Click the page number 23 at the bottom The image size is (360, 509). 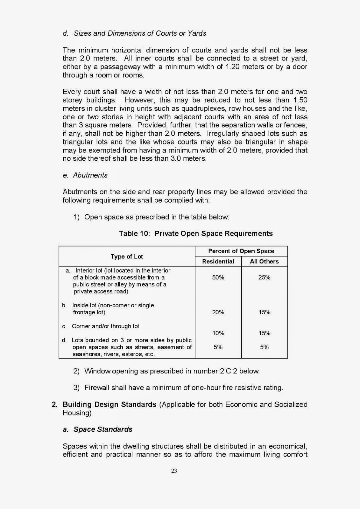coord(174,471)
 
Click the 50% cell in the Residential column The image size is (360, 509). coord(218,277)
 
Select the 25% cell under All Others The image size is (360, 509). coord(264,277)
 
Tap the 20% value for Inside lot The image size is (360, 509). coord(218,312)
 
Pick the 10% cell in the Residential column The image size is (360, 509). coord(218,333)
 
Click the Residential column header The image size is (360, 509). coord(218,261)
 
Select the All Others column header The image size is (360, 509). coord(264,261)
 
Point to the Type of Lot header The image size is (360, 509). coord(127,256)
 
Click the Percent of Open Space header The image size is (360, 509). coord(241,251)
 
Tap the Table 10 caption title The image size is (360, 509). coord(196,234)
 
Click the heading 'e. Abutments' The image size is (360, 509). coord(85,175)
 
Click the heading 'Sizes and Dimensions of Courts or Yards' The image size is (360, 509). coord(140,33)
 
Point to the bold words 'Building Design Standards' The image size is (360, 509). coord(109,404)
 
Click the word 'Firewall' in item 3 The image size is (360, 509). coord(97,388)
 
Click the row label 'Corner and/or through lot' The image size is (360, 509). coord(105,326)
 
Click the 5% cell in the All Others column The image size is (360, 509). coord(264,347)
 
